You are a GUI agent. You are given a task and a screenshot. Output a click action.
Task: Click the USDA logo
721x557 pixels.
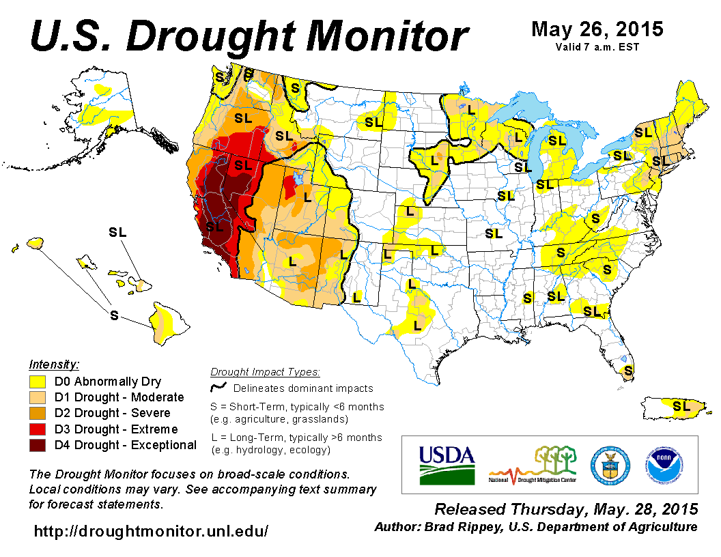[447, 464]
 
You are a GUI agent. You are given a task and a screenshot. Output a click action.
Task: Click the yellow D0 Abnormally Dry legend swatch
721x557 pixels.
[38, 382]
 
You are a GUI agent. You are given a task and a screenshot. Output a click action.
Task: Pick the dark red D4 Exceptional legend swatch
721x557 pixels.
[38, 446]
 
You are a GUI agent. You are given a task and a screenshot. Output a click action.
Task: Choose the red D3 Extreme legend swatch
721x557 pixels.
[38, 429]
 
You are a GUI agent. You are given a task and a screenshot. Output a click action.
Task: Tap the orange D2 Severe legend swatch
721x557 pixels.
[38, 414]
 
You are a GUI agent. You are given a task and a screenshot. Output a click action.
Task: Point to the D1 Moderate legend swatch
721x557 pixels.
[38, 397]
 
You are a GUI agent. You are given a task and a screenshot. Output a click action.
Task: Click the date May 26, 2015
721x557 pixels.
[597, 29]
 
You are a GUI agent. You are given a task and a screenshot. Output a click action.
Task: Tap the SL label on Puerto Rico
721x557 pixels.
[681, 405]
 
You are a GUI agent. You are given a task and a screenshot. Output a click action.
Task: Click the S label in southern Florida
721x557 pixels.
[628, 371]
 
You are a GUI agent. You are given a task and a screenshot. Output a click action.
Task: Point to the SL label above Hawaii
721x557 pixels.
[117, 232]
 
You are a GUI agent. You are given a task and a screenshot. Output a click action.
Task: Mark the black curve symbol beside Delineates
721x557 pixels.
[218, 388]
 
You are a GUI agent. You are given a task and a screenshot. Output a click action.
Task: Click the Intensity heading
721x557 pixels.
[54, 364]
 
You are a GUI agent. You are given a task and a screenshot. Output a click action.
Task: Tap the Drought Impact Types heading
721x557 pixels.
[265, 372]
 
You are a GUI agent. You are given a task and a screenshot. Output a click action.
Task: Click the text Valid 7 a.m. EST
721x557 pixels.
[597, 47]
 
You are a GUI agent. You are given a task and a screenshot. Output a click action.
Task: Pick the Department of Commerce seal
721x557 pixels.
[610, 464]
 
